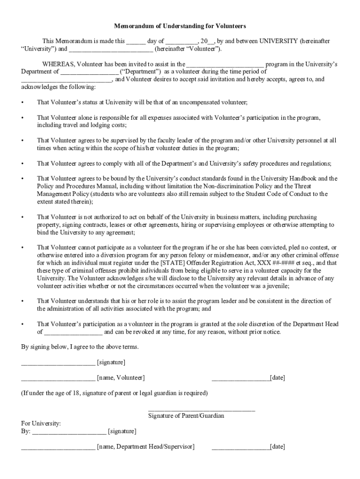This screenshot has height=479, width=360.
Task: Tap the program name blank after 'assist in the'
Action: [x=225, y=65]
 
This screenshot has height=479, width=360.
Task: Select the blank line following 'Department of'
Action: [x=89, y=72]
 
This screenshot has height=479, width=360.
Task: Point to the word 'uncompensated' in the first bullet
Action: [x=200, y=102]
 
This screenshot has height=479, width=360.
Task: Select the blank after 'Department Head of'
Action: [x=73, y=332]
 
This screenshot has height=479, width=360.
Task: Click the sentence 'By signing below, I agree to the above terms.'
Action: [x=80, y=348]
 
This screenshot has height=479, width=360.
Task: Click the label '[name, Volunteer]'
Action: [x=121, y=377]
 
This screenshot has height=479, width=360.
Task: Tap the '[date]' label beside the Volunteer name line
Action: [x=277, y=377]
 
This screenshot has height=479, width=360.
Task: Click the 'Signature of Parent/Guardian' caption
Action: [x=186, y=415]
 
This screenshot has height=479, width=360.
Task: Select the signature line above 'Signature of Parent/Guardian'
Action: [x=202, y=410]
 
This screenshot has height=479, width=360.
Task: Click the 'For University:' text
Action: [x=41, y=423]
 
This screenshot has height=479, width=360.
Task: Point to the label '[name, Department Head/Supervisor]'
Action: [x=145, y=447]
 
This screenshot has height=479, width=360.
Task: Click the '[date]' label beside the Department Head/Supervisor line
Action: [x=277, y=447]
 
